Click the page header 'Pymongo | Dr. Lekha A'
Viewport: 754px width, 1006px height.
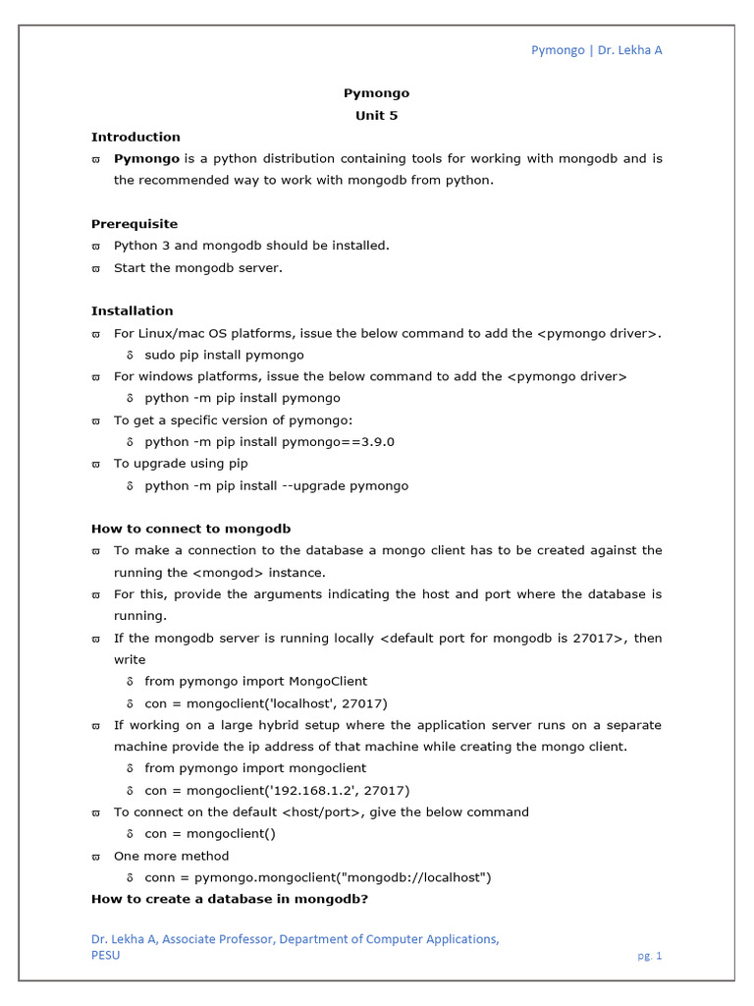tap(596, 50)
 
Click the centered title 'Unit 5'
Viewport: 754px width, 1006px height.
tap(376, 115)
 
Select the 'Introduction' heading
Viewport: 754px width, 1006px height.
tap(135, 137)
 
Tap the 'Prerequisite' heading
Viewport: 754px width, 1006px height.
tap(135, 224)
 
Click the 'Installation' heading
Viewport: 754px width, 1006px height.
tap(132, 310)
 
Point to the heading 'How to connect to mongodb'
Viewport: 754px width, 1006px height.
tap(190, 529)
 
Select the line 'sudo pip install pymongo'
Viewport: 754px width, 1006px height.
tap(224, 355)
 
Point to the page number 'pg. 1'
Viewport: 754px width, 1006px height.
tap(649, 956)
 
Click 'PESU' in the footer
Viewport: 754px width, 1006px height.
tap(105, 956)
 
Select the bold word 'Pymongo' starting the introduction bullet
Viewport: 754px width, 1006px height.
tap(146, 158)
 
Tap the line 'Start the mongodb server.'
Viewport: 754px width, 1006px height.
tap(197, 267)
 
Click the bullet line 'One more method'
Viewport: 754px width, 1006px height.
tap(171, 856)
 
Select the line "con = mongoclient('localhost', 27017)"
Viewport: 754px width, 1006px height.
tap(265, 703)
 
